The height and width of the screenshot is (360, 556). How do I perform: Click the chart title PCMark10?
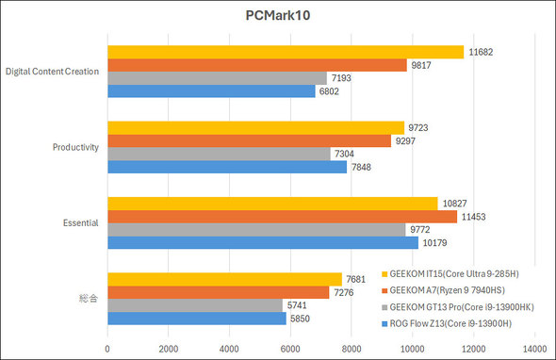(278, 16)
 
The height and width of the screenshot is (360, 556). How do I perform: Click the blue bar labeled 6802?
(211, 91)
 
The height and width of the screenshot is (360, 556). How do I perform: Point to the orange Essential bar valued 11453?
(282, 216)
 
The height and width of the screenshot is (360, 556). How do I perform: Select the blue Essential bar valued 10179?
(263, 242)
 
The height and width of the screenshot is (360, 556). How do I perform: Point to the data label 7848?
(363, 167)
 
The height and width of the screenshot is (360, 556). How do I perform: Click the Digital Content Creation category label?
(53, 72)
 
